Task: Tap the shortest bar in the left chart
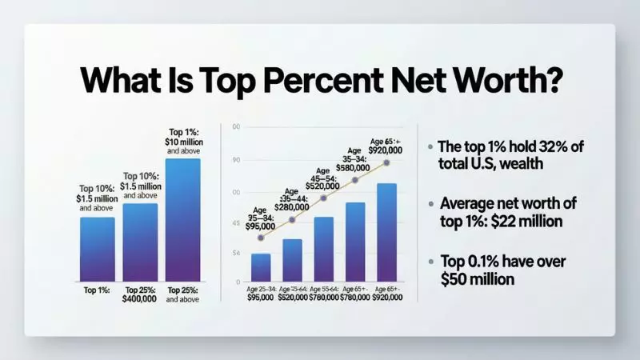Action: (x=98, y=249)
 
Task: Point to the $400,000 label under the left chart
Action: (x=141, y=302)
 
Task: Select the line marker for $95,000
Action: (x=260, y=238)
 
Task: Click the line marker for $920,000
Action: (x=387, y=162)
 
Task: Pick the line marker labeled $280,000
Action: (x=292, y=219)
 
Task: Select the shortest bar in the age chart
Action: (x=261, y=267)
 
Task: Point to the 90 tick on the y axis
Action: (x=236, y=161)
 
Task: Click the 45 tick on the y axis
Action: (x=236, y=223)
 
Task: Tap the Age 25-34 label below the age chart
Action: (x=261, y=290)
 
